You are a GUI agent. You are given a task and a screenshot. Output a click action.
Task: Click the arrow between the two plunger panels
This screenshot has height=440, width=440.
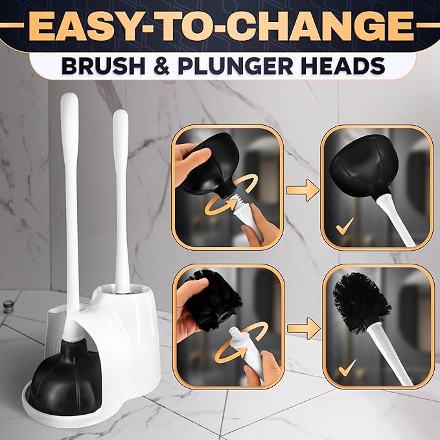point(303,191)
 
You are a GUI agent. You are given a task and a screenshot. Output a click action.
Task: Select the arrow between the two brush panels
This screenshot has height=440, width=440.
point(304,328)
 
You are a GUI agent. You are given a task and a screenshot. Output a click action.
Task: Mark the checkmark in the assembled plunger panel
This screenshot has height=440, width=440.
point(345,226)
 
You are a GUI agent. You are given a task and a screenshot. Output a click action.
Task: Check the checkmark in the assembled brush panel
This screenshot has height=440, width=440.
point(347,368)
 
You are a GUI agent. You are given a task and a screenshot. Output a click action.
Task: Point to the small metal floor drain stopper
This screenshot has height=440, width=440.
point(8,304)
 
